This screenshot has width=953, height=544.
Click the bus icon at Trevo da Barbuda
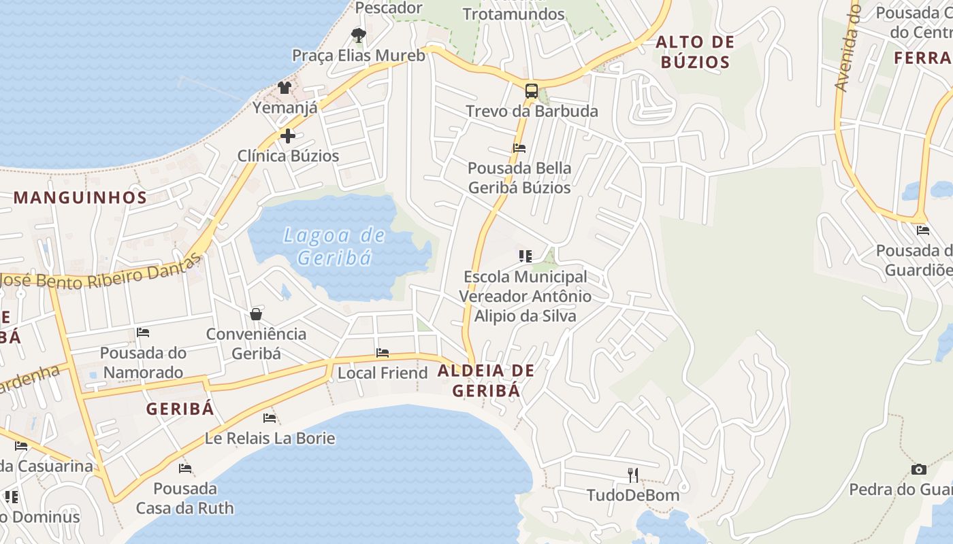pyautogui.click(x=531, y=91)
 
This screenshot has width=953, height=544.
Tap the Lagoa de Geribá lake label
pyautogui.click(x=334, y=246)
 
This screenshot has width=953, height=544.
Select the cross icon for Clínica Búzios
pyautogui.click(x=288, y=135)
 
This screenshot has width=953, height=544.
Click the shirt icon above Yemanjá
pyautogui.click(x=285, y=88)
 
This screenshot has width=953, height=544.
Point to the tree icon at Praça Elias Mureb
pyautogui.click(x=358, y=35)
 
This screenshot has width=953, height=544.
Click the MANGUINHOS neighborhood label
pyautogui.click(x=80, y=198)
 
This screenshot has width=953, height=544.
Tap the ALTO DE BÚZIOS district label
pyautogui.click(x=695, y=52)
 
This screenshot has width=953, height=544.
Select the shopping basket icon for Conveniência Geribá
pyautogui.click(x=256, y=313)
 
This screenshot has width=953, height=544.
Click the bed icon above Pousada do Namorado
pyautogui.click(x=143, y=333)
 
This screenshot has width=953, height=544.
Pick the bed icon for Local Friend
pyautogui.click(x=383, y=353)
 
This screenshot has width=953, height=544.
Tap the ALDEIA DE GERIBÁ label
pyautogui.click(x=486, y=381)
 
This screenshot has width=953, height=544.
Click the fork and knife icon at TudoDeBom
pyautogui.click(x=633, y=474)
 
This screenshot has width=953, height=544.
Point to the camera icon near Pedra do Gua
pyautogui.click(x=919, y=469)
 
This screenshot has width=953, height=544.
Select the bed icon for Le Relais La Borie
pyautogui.click(x=270, y=418)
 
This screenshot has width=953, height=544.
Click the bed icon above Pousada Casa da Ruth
pyautogui.click(x=184, y=468)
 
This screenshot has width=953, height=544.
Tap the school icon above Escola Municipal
pyautogui.click(x=525, y=256)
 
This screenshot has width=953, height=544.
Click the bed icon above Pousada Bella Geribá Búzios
pyautogui.click(x=519, y=148)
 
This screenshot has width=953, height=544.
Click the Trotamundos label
pyautogui.click(x=514, y=14)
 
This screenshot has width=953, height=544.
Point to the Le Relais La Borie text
pyautogui.click(x=270, y=438)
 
